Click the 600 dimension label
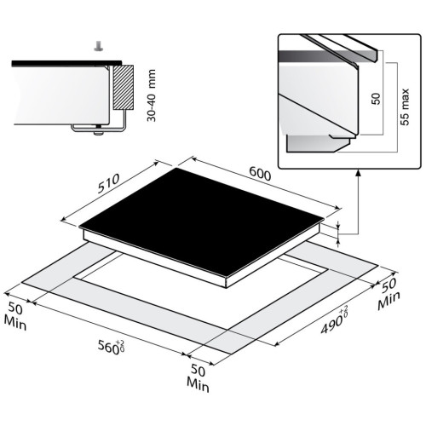coord(260,174)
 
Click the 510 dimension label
coord(108,183)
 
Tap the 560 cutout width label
coord(108,347)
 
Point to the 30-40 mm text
coord(152,95)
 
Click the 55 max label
coord(405,106)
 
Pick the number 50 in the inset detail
coord(376,99)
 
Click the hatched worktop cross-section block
coord(123,88)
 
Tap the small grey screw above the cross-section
coord(98,46)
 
